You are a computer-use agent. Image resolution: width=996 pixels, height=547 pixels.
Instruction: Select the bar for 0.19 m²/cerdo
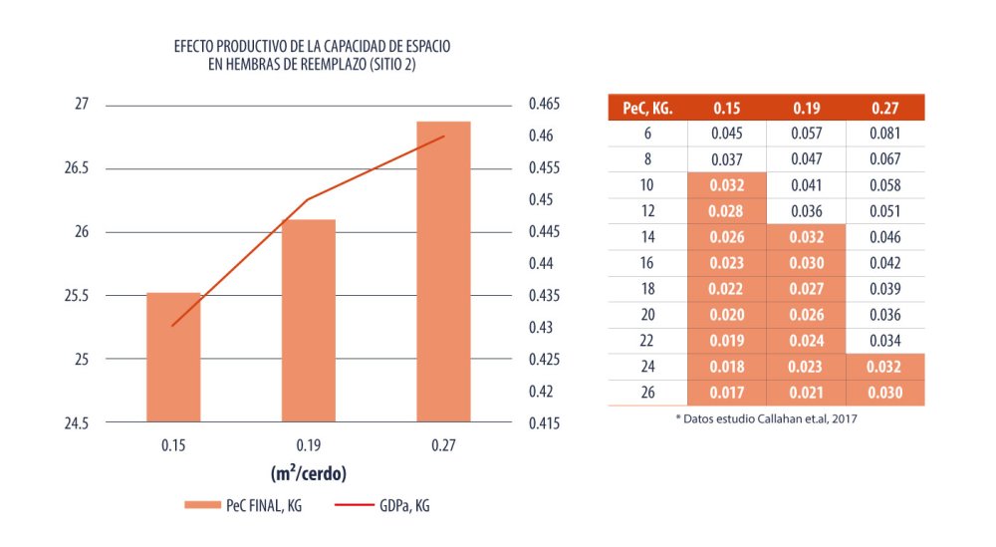(x=309, y=320)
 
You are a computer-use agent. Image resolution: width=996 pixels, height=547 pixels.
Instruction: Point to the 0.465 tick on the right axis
(x=545, y=105)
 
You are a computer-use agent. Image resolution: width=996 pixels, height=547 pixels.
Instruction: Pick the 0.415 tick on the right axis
(x=545, y=423)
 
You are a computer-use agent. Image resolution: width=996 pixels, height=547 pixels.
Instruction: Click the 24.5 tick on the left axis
(x=76, y=423)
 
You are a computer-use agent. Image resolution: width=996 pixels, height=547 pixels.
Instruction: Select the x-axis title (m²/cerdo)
(x=309, y=471)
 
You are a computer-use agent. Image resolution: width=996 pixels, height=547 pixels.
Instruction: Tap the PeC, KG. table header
(x=647, y=108)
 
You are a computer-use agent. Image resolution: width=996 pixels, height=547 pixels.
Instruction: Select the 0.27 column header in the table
(x=884, y=108)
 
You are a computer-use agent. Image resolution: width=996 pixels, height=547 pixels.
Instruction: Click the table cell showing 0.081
(x=884, y=134)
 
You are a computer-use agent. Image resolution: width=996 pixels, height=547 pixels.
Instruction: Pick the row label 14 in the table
(x=647, y=237)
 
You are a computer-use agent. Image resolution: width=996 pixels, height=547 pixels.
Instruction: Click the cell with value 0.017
(x=726, y=393)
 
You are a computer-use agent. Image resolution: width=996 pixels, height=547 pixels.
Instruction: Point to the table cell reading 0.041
(x=806, y=185)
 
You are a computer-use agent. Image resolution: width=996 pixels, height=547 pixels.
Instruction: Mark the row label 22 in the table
(x=647, y=341)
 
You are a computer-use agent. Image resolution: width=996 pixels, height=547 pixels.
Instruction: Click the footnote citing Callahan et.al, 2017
(x=767, y=419)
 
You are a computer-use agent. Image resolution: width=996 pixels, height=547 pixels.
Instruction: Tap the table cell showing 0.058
(x=884, y=185)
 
